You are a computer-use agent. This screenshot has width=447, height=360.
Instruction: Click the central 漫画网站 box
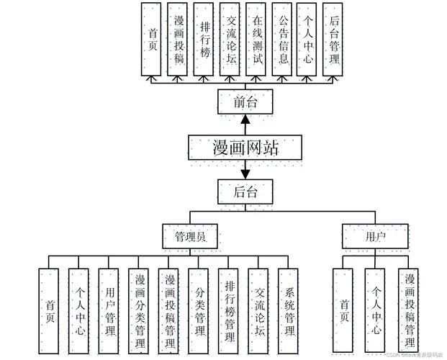245,147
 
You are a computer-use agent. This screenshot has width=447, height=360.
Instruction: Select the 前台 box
245,102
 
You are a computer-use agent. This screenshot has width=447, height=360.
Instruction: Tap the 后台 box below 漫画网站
245,192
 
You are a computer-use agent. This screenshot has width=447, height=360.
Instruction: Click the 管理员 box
189,236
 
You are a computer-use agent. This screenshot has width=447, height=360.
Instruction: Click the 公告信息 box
284,39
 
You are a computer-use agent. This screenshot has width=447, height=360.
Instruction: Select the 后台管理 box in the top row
332,39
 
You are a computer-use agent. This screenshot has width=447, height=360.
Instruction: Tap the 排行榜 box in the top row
204,39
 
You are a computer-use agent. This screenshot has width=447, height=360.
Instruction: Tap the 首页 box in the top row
152,39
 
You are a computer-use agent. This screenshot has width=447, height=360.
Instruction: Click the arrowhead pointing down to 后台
245,174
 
